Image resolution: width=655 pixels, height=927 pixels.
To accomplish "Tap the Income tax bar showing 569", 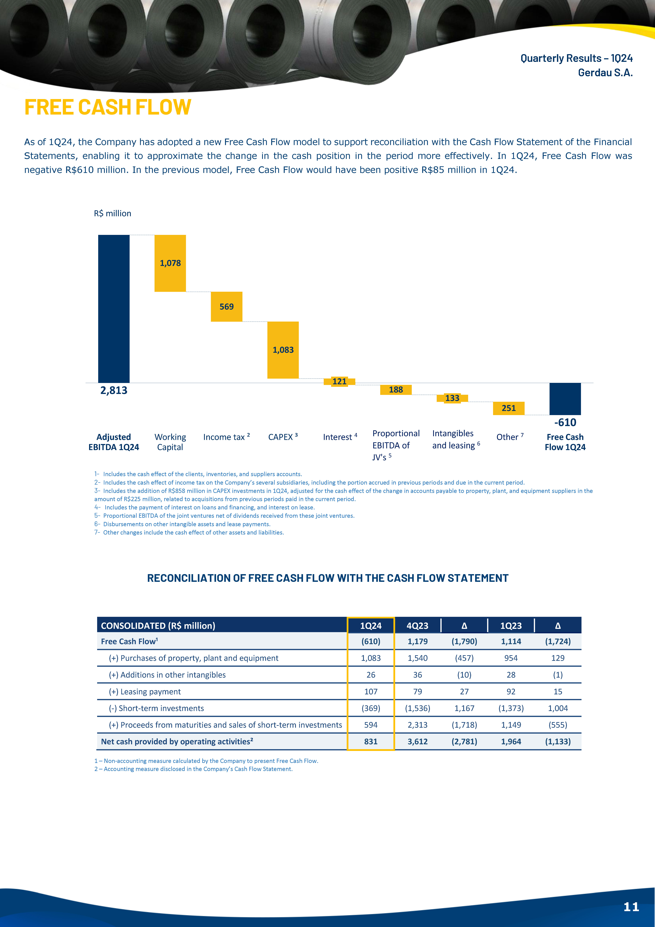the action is tap(227, 306).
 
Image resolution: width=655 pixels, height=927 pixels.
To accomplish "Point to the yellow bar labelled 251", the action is tap(509, 408).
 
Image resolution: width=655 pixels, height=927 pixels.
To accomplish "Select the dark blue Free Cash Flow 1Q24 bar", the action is tap(565, 399).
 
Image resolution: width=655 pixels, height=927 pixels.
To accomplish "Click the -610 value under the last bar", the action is tap(565, 422).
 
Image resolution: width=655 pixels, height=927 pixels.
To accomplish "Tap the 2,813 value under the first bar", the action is tap(114, 390).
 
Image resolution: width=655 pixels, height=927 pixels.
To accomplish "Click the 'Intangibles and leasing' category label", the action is tap(456, 439).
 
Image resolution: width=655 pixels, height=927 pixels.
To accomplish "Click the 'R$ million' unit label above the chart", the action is tap(113, 213).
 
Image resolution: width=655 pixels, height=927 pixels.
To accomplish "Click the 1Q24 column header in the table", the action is tap(371, 625).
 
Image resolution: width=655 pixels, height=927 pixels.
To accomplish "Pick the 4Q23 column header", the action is tap(417, 625).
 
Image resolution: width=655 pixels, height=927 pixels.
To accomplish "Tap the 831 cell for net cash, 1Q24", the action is tap(371, 741).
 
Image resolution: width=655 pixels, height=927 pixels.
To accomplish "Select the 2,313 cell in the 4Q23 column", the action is tap(417, 725).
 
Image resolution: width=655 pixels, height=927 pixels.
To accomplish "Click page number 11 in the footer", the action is tap(631, 907).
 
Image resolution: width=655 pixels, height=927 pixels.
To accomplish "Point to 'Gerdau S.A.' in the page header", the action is tap(605, 73).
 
